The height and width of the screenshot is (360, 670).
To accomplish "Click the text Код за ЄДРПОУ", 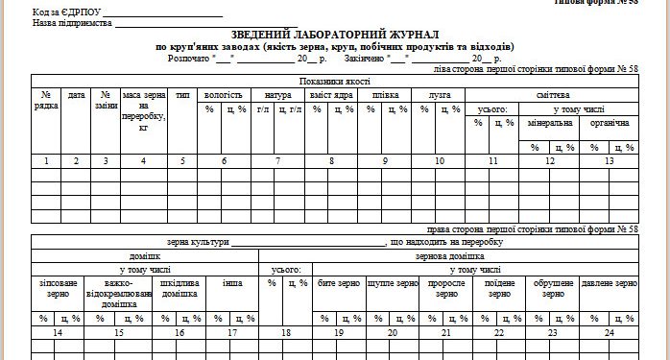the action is [x=65, y=11].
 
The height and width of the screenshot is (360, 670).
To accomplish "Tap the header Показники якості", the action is [x=334, y=83].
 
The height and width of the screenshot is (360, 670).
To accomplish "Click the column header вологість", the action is [x=225, y=96].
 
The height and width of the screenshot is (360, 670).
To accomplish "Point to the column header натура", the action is [x=277, y=96].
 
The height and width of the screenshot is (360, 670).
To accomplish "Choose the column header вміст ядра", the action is [x=331, y=96].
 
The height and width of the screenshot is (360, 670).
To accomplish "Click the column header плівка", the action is [x=385, y=96].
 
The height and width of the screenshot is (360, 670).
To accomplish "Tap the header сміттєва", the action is [x=552, y=96].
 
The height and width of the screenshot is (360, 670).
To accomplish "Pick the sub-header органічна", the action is [x=609, y=124].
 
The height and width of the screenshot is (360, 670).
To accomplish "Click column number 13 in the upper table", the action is [x=609, y=160].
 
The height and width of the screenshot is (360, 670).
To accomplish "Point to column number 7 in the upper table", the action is [x=277, y=160].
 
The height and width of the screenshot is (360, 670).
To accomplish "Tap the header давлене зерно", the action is [x=610, y=283].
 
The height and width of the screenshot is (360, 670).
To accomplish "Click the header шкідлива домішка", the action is [x=179, y=288].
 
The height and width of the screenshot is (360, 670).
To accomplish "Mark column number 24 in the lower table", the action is [x=610, y=332].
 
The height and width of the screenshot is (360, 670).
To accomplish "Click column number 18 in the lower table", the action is [x=286, y=332].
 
